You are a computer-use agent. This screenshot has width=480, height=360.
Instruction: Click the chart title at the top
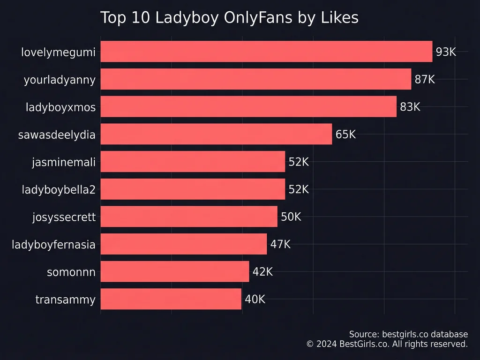click(x=229, y=18)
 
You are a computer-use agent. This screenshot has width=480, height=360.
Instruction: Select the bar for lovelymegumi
click(x=266, y=52)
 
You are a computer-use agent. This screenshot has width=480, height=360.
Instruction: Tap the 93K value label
click(x=446, y=52)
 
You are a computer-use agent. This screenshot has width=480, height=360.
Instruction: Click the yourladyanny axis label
click(x=60, y=80)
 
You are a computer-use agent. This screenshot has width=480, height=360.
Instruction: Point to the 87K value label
click(x=425, y=80)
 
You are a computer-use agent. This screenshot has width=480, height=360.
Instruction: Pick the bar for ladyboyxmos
click(x=248, y=107)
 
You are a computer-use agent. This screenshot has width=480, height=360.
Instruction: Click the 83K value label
click(x=410, y=107)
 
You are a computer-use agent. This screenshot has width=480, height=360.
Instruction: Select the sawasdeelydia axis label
click(x=57, y=135)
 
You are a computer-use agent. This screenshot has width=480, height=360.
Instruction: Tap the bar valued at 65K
click(x=216, y=135)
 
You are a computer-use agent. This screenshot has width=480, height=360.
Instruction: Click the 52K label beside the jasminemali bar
click(x=299, y=162)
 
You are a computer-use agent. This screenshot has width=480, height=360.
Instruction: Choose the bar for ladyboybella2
click(x=193, y=189)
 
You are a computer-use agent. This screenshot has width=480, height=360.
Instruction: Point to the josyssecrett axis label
click(x=64, y=217)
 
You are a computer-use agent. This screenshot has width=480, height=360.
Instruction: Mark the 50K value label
click(x=291, y=217)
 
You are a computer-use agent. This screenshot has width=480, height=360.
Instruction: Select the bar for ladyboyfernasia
click(x=183, y=244)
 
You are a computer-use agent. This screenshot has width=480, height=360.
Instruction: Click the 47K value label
click(x=280, y=244)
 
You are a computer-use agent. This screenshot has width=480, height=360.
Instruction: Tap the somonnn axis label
click(x=71, y=272)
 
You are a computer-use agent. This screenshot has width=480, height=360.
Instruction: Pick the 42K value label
click(x=262, y=272)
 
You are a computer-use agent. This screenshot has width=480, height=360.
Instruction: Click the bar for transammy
click(x=171, y=299)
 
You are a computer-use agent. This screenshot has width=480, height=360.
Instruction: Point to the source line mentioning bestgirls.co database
click(x=408, y=334)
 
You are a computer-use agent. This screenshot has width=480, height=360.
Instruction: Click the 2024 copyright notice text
click(x=387, y=344)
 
